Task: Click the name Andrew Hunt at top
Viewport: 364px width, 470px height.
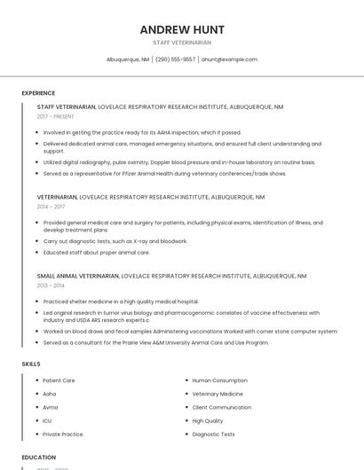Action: pyautogui.click(x=182, y=29)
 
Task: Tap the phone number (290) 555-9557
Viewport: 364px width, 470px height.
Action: pyautogui.click(x=175, y=59)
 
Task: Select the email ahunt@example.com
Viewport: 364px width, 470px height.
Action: pyautogui.click(x=229, y=59)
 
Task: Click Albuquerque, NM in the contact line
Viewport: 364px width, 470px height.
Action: pyautogui.click(x=128, y=59)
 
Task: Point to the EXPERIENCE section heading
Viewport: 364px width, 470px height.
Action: pyautogui.click(x=38, y=93)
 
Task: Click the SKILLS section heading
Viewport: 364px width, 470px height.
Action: pyautogui.click(x=31, y=364)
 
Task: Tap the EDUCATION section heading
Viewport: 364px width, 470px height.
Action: pyautogui.click(x=38, y=458)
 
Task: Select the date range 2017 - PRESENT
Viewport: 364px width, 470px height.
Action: pyautogui.click(x=57, y=117)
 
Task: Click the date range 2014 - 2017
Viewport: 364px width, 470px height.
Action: pyautogui.click(x=51, y=207)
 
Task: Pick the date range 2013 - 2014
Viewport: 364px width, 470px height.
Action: pyautogui.click(x=51, y=286)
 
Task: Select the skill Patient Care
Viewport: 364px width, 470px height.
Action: pyautogui.click(x=59, y=380)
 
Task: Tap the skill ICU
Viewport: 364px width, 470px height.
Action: pyautogui.click(x=47, y=420)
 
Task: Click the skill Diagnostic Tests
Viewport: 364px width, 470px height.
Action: pyautogui.click(x=213, y=435)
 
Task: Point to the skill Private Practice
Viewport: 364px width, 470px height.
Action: pyautogui.click(x=62, y=435)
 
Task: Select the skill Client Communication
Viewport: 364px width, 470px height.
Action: pyautogui.click(x=221, y=407)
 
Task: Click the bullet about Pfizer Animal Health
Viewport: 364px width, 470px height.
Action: pyautogui.click(x=164, y=174)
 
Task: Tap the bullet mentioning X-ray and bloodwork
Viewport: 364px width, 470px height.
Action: pyautogui.click(x=115, y=241)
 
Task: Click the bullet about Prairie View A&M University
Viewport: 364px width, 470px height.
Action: pyautogui.click(x=155, y=342)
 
